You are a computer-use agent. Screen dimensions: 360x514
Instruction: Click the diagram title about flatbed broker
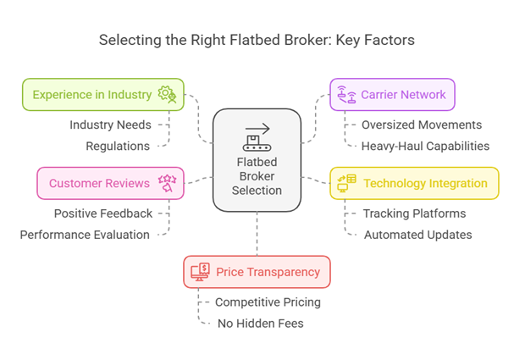(257, 40)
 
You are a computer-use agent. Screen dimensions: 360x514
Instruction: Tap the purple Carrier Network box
(392, 94)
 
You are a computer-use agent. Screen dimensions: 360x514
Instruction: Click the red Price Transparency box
(257, 272)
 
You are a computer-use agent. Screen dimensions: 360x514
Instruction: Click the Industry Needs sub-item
(110, 125)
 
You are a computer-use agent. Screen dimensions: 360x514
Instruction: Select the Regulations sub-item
(118, 146)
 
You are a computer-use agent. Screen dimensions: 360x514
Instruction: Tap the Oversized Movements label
(410, 125)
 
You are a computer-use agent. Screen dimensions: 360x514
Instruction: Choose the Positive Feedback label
(103, 213)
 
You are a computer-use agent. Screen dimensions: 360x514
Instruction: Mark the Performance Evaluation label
(85, 235)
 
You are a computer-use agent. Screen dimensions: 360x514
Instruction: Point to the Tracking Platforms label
(414, 213)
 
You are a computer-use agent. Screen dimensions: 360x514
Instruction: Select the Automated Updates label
(417, 235)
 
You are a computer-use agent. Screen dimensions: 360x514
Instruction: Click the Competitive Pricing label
(268, 302)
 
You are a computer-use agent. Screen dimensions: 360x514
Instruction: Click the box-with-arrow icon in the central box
(256, 136)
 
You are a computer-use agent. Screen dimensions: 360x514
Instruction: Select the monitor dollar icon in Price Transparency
(201, 272)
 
